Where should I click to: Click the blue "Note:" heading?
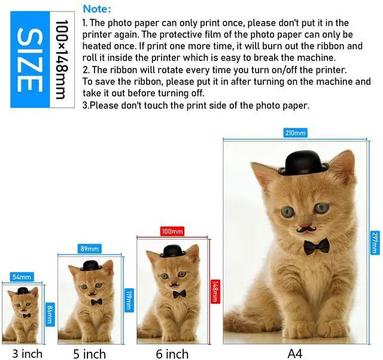pyautogui.click(x=97, y=9)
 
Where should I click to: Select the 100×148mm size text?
pyautogui.click(x=61, y=60)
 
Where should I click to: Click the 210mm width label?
pyautogui.click(x=295, y=133)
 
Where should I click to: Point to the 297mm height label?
pyautogui.click(x=375, y=243)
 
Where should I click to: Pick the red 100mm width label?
pyautogui.click(x=172, y=231)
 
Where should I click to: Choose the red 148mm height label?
pyautogui.click(x=215, y=292)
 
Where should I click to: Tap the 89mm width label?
pyautogui.click(x=89, y=249)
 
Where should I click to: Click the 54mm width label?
pyautogui.click(x=22, y=277)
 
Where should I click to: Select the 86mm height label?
pyautogui.click(x=50, y=314)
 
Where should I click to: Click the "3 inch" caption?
pyautogui.click(x=28, y=353)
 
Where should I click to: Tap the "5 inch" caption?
pyautogui.click(x=89, y=354)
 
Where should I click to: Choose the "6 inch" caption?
pyautogui.click(x=172, y=354)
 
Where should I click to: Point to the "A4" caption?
pyautogui.click(x=295, y=353)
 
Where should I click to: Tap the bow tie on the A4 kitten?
pyautogui.click(x=317, y=247)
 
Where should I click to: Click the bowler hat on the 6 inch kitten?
pyautogui.click(x=173, y=251)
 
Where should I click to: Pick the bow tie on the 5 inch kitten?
pyautogui.click(x=97, y=302)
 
